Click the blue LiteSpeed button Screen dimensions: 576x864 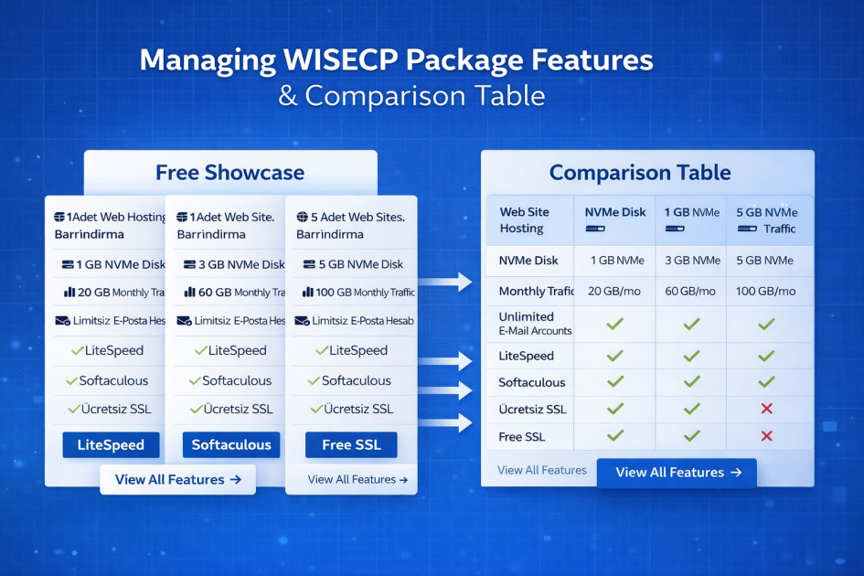[111, 445]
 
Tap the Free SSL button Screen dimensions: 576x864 [351, 445]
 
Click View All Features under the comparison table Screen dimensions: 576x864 [677, 473]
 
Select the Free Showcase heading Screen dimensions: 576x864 [229, 173]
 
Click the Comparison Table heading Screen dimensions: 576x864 [639, 173]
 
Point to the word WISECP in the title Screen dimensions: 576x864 [337, 61]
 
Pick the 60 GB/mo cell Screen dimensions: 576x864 [692, 292]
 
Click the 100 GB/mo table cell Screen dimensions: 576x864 [766, 292]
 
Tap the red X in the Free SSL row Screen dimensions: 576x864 [767, 437]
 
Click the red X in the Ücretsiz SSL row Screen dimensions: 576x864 [767, 410]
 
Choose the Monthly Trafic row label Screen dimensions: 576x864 [536, 292]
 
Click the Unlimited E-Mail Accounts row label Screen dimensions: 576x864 [535, 324]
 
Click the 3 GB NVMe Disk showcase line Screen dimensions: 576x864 [234, 264]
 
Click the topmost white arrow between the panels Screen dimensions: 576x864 [444, 283]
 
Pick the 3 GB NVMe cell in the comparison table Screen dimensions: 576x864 [692, 261]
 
